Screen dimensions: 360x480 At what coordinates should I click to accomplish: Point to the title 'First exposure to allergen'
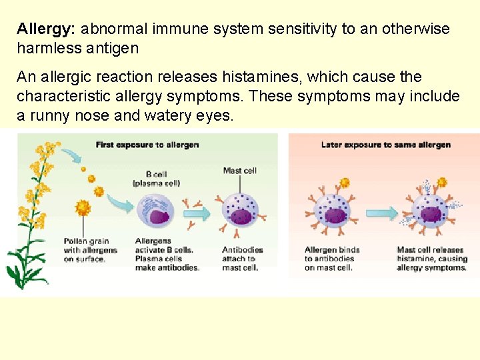[147, 145]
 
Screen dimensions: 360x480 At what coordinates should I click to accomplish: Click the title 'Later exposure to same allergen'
[385, 145]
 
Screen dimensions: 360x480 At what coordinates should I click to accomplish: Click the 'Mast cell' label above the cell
[240, 171]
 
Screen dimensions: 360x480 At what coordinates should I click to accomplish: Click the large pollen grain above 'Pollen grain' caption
[83, 208]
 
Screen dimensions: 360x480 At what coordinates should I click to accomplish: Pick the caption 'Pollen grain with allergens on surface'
[90, 250]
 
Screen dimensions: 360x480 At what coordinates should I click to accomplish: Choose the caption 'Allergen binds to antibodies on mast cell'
[332, 259]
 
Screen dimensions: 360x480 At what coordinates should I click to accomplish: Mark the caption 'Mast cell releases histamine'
[431, 259]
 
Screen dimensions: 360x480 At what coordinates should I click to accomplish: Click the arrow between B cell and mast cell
[196, 213]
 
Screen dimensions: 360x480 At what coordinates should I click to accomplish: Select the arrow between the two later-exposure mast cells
[381, 213]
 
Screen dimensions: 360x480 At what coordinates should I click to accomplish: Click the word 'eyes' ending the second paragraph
[215, 115]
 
